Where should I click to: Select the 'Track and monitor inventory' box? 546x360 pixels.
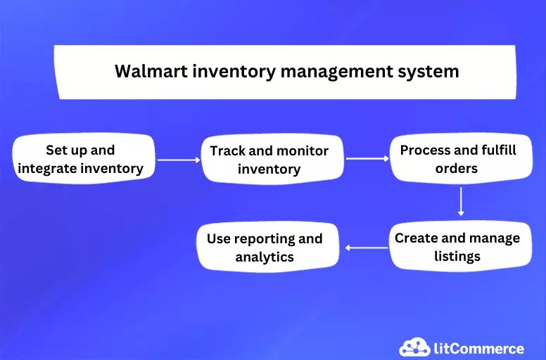pos(269,160)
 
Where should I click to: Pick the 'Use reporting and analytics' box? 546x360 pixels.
pos(265,247)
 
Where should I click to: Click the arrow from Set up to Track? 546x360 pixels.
pos(179,160)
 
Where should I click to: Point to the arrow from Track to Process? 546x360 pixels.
pos(367,159)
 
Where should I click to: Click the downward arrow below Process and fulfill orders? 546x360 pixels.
pos(460,201)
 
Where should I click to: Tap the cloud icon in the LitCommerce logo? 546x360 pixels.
pos(414,347)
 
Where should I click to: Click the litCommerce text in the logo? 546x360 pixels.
pos(478,348)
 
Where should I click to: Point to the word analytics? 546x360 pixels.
pos(265,257)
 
